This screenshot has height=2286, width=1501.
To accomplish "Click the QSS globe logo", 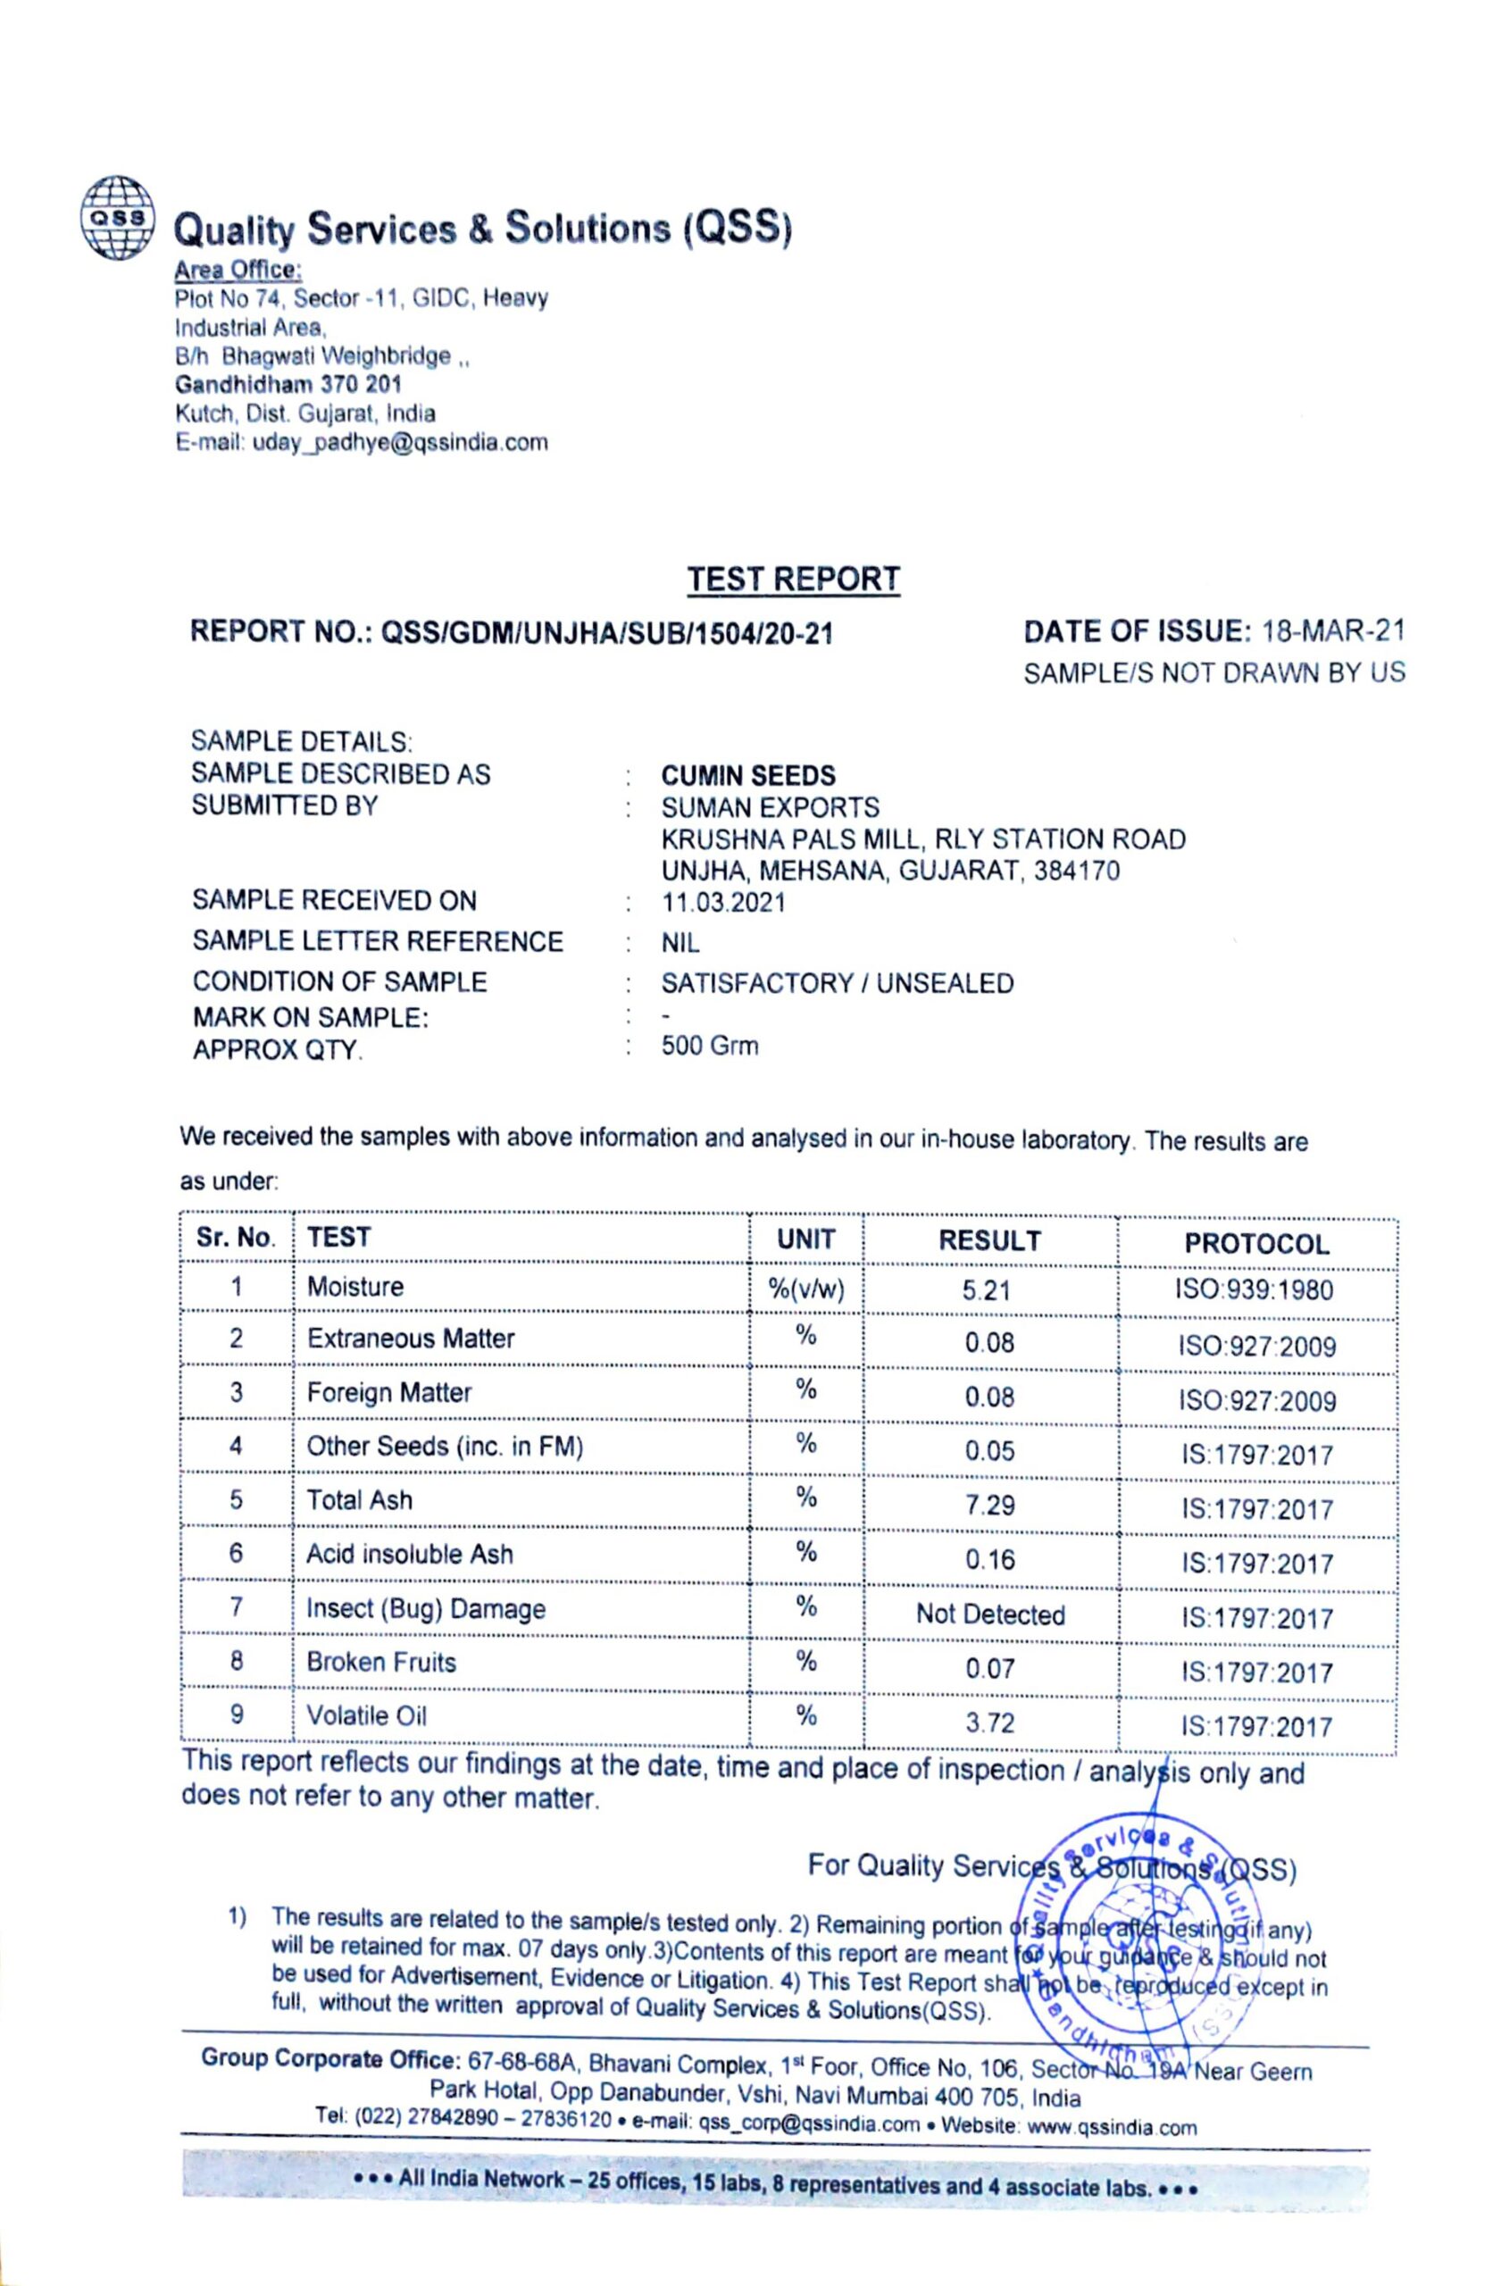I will coord(116,217).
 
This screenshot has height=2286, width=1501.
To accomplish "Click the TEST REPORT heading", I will coord(793,580).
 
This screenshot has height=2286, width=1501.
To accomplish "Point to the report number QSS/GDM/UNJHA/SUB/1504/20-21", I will coord(607,633).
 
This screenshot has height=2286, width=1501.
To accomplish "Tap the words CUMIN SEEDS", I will coord(748,775).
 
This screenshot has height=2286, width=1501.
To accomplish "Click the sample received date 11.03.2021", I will coord(723,903).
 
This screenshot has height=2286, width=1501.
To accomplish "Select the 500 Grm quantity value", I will coord(710,1045).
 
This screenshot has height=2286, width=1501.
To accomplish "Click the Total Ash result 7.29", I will coord(989,1506).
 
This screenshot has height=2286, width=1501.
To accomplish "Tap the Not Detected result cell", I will coord(990,1614).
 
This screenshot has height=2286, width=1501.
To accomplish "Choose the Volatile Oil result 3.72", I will coord(989,1723).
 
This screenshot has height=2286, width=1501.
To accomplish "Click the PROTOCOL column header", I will coord(1256,1244).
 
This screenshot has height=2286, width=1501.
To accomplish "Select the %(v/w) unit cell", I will coord(805,1289).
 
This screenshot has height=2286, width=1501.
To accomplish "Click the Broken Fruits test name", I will coord(381,1663).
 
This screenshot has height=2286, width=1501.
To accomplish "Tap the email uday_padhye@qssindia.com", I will coord(399,443).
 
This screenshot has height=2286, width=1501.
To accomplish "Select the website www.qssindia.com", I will coord(1111,2126).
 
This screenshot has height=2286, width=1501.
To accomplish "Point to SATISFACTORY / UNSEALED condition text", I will coord(837,983).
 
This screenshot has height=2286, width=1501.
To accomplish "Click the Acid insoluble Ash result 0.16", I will coord(989,1559).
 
